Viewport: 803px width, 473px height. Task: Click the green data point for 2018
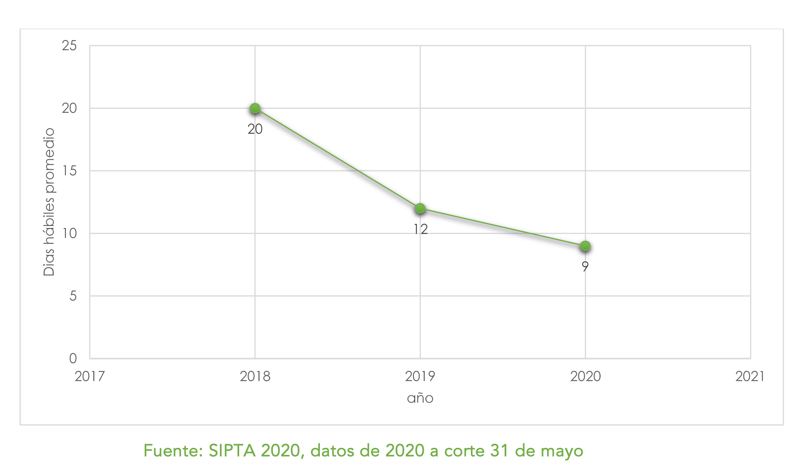(x=255, y=108)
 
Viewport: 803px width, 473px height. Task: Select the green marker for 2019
(x=420, y=208)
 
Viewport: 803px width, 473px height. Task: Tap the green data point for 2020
(x=585, y=246)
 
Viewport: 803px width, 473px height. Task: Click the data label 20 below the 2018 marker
(x=255, y=129)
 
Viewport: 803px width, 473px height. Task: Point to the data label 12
(x=421, y=229)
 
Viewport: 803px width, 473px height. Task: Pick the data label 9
(x=585, y=266)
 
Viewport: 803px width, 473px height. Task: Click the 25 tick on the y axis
(x=69, y=46)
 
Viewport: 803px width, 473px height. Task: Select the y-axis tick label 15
(x=69, y=171)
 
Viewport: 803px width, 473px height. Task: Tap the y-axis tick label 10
(x=69, y=234)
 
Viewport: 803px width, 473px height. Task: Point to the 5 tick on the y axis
(x=73, y=296)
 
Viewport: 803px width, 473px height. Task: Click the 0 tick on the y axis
(x=73, y=358)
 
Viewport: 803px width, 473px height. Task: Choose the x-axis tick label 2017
(x=90, y=376)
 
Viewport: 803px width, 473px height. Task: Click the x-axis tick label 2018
(x=255, y=376)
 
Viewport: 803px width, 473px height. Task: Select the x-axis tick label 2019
(x=420, y=376)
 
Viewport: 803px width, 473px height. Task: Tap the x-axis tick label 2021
(x=750, y=376)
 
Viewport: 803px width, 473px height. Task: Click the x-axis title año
(x=420, y=398)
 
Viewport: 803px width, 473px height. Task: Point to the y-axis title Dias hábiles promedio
(x=49, y=202)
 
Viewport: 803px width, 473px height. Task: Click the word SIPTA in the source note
(x=232, y=451)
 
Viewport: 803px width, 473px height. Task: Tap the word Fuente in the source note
(x=173, y=451)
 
